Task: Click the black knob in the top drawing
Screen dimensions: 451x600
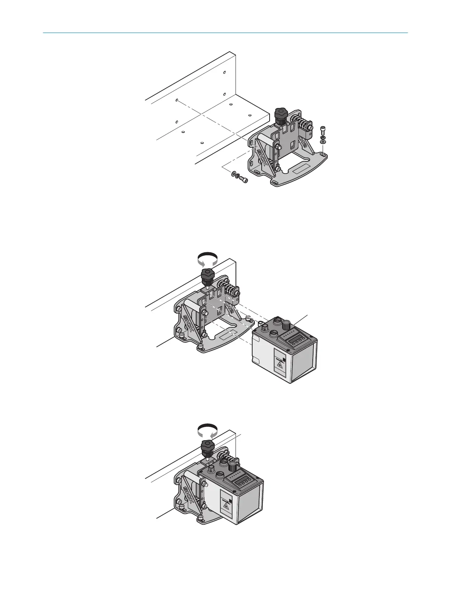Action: click(x=281, y=113)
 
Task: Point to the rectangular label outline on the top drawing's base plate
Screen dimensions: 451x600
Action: click(x=303, y=169)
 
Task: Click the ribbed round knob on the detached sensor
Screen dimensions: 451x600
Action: click(x=286, y=325)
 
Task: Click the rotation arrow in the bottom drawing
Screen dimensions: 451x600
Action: click(x=208, y=431)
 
